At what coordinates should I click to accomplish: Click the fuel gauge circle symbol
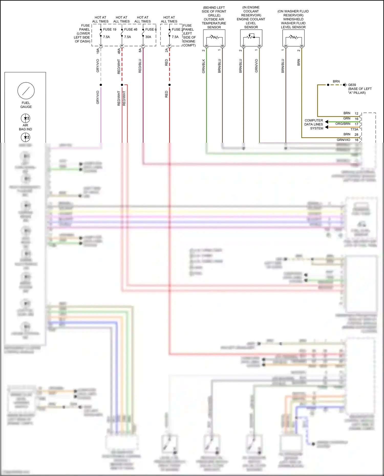click(26, 91)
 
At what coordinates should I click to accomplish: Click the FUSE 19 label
click(110, 29)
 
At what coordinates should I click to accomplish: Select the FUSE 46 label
click(131, 29)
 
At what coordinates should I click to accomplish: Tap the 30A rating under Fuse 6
click(148, 37)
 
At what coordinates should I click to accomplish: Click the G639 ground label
click(352, 85)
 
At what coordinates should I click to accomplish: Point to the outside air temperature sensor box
click(214, 38)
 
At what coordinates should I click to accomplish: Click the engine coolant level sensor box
click(251, 38)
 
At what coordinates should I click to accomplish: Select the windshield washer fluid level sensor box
click(293, 38)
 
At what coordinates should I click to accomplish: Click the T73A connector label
click(354, 129)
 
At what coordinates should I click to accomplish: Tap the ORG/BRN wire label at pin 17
click(343, 124)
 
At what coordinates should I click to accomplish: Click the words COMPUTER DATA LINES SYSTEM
click(314, 124)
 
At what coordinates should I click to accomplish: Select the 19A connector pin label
click(98, 51)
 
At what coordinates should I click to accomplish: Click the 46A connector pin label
click(119, 51)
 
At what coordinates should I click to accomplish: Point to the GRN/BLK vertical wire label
click(204, 66)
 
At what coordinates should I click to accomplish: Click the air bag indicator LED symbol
click(25, 118)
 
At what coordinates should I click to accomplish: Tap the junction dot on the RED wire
click(169, 85)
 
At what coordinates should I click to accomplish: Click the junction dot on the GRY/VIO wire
click(101, 85)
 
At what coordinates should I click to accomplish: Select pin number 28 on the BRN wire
click(356, 135)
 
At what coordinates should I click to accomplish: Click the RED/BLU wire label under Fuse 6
click(140, 66)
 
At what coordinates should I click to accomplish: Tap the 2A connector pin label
click(166, 50)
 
